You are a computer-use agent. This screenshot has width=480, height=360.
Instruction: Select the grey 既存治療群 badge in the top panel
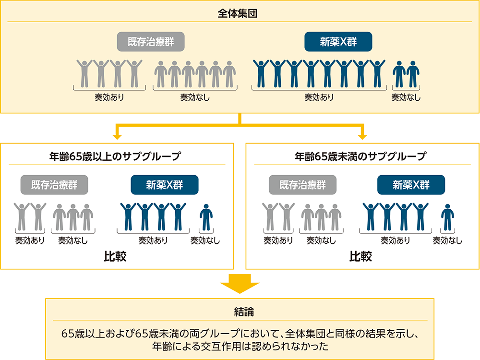click(151, 42)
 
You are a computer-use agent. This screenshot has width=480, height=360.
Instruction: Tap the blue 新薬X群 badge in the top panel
click(338, 42)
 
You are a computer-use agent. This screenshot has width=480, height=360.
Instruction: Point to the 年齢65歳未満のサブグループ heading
click(360, 156)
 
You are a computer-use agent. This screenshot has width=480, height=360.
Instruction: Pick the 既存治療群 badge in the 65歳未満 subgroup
click(302, 185)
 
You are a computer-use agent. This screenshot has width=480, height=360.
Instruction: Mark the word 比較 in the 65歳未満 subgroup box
click(360, 257)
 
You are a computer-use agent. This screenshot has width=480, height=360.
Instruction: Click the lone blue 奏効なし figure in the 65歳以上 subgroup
click(206, 217)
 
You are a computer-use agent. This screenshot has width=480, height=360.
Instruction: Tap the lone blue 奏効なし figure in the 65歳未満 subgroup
click(447, 217)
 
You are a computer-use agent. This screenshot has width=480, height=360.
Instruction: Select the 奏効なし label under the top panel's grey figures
click(194, 98)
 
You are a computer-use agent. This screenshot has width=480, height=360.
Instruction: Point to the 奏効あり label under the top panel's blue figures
click(319, 98)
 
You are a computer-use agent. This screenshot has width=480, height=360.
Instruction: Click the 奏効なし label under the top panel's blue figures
click(406, 98)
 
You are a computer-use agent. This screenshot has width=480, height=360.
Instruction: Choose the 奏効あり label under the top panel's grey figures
click(109, 98)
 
